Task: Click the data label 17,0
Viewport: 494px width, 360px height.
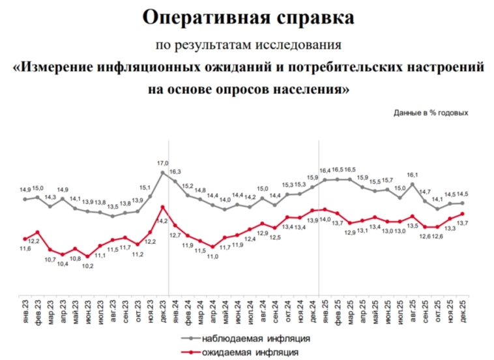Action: pos(163,163)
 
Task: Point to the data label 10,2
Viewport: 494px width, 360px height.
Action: pos(88,266)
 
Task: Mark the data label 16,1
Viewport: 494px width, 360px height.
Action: pos(412,175)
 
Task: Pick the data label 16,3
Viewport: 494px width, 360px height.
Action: pos(175,172)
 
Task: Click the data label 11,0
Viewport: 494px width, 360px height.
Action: pos(213,257)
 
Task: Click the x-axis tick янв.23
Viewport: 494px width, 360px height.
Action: pos(25,308)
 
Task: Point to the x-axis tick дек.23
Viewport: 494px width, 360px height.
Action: pos(163,308)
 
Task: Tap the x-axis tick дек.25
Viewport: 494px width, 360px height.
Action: pos(463,308)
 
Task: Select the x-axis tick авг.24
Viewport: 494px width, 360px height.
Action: pos(263,308)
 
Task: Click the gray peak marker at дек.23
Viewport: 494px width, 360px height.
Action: pos(163,172)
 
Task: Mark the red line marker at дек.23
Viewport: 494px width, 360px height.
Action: pos(163,207)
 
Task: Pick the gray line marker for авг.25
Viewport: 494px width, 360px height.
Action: pos(413,184)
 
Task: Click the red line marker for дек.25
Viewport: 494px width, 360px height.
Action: pos(463,213)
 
